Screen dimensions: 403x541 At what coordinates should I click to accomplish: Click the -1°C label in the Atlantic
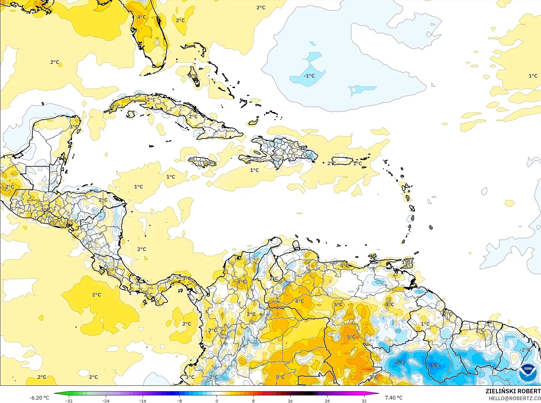click(309, 76)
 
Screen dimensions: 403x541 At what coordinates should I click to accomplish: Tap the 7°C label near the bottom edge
click(373, 377)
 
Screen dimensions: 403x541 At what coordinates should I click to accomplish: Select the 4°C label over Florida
click(141, 17)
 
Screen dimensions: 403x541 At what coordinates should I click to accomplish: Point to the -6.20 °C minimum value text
click(39, 398)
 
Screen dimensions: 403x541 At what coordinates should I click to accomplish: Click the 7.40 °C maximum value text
click(393, 398)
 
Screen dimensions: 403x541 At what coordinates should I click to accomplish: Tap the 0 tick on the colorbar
click(217, 400)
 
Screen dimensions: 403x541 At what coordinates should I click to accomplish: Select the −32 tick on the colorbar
click(69, 400)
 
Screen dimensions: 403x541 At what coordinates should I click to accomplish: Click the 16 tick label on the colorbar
click(290, 400)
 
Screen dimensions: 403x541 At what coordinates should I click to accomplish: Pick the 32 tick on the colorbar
click(364, 400)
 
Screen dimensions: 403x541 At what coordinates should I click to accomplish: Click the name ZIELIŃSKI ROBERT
click(513, 391)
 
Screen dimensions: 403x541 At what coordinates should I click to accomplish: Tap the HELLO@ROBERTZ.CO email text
click(515, 398)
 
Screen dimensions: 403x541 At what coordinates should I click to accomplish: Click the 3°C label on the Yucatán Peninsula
click(74, 127)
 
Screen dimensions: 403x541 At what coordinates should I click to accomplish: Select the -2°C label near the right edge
click(525, 349)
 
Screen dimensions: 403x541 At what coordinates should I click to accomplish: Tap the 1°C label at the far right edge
click(533, 76)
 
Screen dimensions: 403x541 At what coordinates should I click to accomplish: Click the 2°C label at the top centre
click(261, 8)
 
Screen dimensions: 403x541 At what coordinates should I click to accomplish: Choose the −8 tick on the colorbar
click(180, 400)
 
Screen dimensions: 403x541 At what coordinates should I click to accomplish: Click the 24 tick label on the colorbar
click(327, 400)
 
